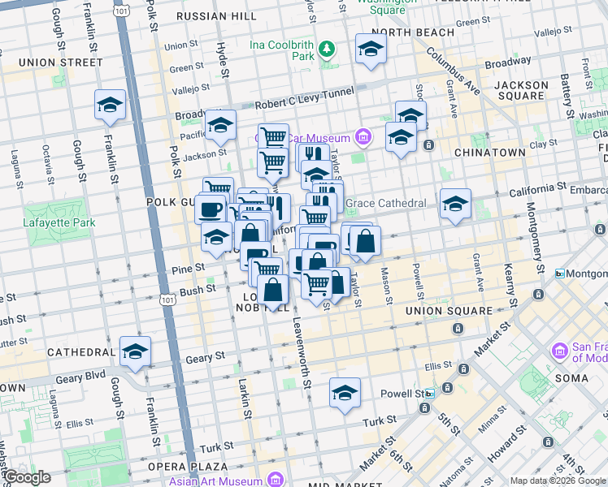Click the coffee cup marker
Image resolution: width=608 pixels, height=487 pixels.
click(x=211, y=209)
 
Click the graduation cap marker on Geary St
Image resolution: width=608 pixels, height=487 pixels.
click(x=135, y=351)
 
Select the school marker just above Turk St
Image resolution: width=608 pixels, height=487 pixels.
click(x=345, y=394)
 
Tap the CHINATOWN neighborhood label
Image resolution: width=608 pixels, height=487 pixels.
click(x=489, y=153)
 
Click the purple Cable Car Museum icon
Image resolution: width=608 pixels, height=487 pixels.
click(x=363, y=136)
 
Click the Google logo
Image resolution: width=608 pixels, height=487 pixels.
click(x=27, y=477)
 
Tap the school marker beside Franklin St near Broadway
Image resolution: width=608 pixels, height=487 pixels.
click(x=110, y=105)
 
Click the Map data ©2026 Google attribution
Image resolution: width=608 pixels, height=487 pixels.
click(x=556, y=481)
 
